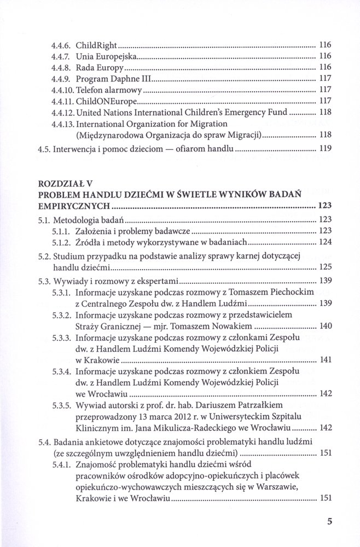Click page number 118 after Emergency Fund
pos(325,113)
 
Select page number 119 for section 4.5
pos(325,148)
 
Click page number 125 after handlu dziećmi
pos(325,267)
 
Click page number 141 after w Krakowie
pos(325,362)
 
